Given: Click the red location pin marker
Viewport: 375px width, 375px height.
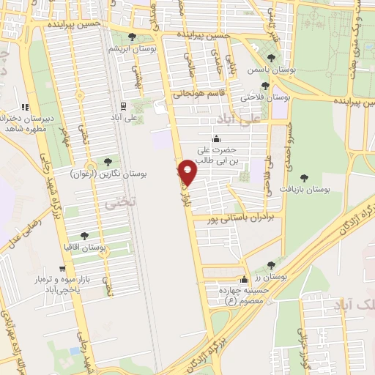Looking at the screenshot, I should [188, 171].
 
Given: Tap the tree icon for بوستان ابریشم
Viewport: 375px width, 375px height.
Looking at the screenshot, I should [132, 37].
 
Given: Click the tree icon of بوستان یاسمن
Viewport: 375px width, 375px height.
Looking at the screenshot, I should [271, 57].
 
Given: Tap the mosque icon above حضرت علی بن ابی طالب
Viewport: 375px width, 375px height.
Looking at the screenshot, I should [216, 139].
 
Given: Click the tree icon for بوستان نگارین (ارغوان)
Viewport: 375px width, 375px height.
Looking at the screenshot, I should [108, 162].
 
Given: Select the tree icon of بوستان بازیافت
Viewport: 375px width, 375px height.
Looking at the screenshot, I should [304, 177].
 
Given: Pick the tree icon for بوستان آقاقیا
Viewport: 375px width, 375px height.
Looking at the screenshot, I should [84, 236].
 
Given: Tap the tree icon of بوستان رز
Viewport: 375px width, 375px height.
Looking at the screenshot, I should [271, 265].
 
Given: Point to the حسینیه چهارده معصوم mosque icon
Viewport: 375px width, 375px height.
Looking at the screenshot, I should [244, 279].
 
